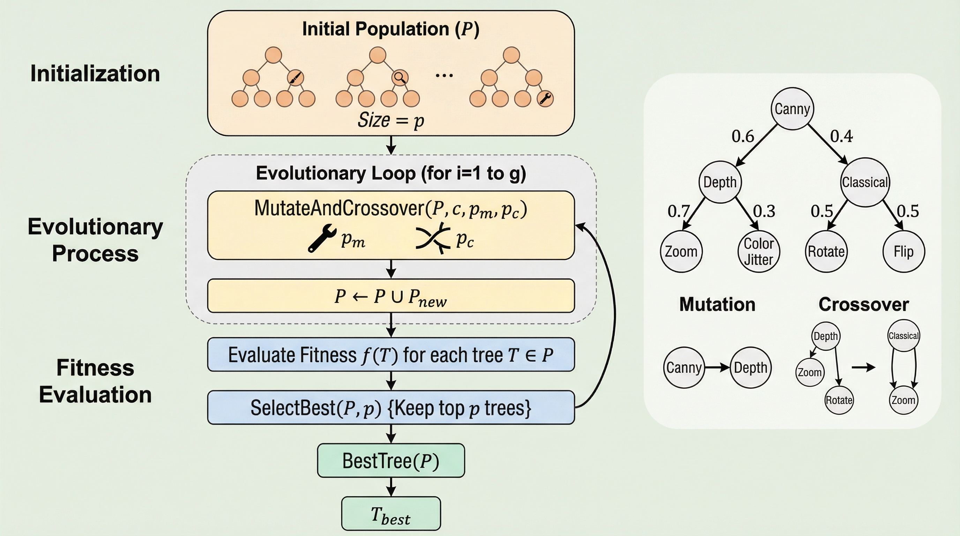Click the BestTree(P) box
[391, 460]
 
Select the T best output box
[391, 514]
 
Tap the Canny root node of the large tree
[792, 109]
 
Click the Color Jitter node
[758, 252]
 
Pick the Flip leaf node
[903, 252]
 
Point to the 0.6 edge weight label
[743, 136]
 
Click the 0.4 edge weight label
[841, 136]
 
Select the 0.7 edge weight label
[678, 211]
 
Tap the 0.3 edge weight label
[764, 211]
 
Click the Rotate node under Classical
[826, 252]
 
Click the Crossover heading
[863, 305]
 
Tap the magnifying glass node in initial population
[399, 77]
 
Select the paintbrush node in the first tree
[295, 77]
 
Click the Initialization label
[95, 73]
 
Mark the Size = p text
[391, 120]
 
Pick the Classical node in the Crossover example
[903, 336]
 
